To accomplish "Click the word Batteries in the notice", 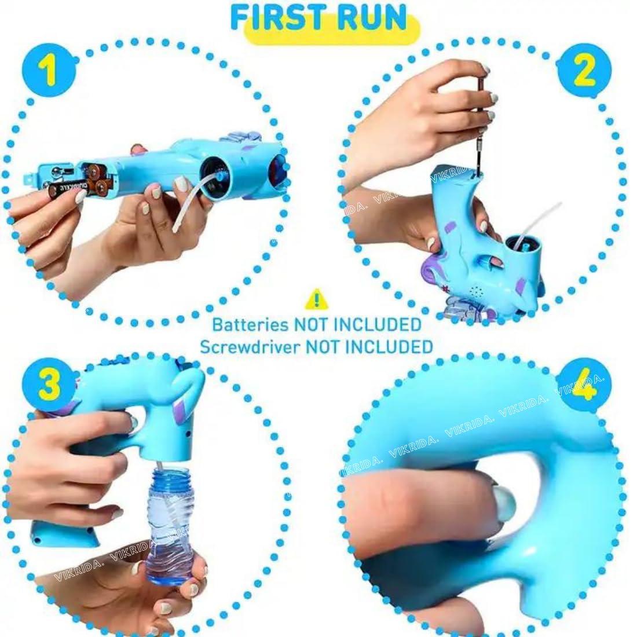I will [250, 324].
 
